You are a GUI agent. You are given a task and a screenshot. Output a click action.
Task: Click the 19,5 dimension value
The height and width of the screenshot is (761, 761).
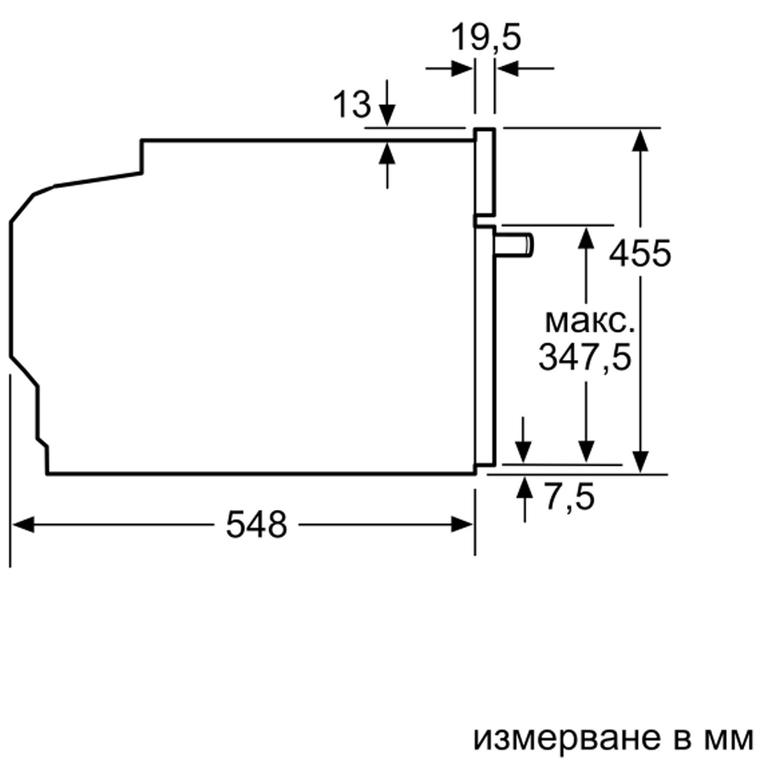click(x=486, y=37)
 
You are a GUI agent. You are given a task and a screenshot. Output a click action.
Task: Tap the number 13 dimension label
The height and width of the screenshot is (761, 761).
click(x=352, y=103)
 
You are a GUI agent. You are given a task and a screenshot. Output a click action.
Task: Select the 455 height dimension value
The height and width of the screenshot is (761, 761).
click(x=640, y=253)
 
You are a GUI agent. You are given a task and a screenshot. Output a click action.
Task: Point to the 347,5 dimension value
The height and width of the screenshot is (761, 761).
click(x=584, y=357)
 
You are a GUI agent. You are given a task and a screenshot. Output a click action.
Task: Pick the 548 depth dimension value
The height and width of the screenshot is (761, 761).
click(x=256, y=524)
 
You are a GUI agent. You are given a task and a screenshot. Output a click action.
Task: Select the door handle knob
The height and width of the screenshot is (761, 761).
click(x=514, y=244)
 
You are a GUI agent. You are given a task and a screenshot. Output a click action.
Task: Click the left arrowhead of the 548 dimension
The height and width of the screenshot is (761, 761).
click(x=23, y=524)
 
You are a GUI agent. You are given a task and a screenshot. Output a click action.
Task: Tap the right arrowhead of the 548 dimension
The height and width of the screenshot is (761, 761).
click(x=462, y=524)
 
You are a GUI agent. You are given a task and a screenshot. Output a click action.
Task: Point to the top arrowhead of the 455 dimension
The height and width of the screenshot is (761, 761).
click(x=641, y=140)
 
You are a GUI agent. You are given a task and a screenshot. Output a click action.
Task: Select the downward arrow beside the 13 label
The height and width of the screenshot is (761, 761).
click(x=387, y=103)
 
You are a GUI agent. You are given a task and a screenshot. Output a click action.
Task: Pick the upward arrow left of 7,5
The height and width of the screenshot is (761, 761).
click(x=524, y=499)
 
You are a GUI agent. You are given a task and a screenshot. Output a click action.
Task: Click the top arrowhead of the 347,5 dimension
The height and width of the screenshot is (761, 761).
click(x=586, y=237)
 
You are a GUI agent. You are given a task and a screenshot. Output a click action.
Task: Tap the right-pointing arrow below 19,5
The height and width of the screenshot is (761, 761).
click(x=449, y=68)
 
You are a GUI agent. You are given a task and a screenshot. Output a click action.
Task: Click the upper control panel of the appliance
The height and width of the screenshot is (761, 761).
click(x=485, y=172)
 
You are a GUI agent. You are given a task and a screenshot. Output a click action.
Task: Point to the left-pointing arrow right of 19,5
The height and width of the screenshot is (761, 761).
click(x=526, y=68)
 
